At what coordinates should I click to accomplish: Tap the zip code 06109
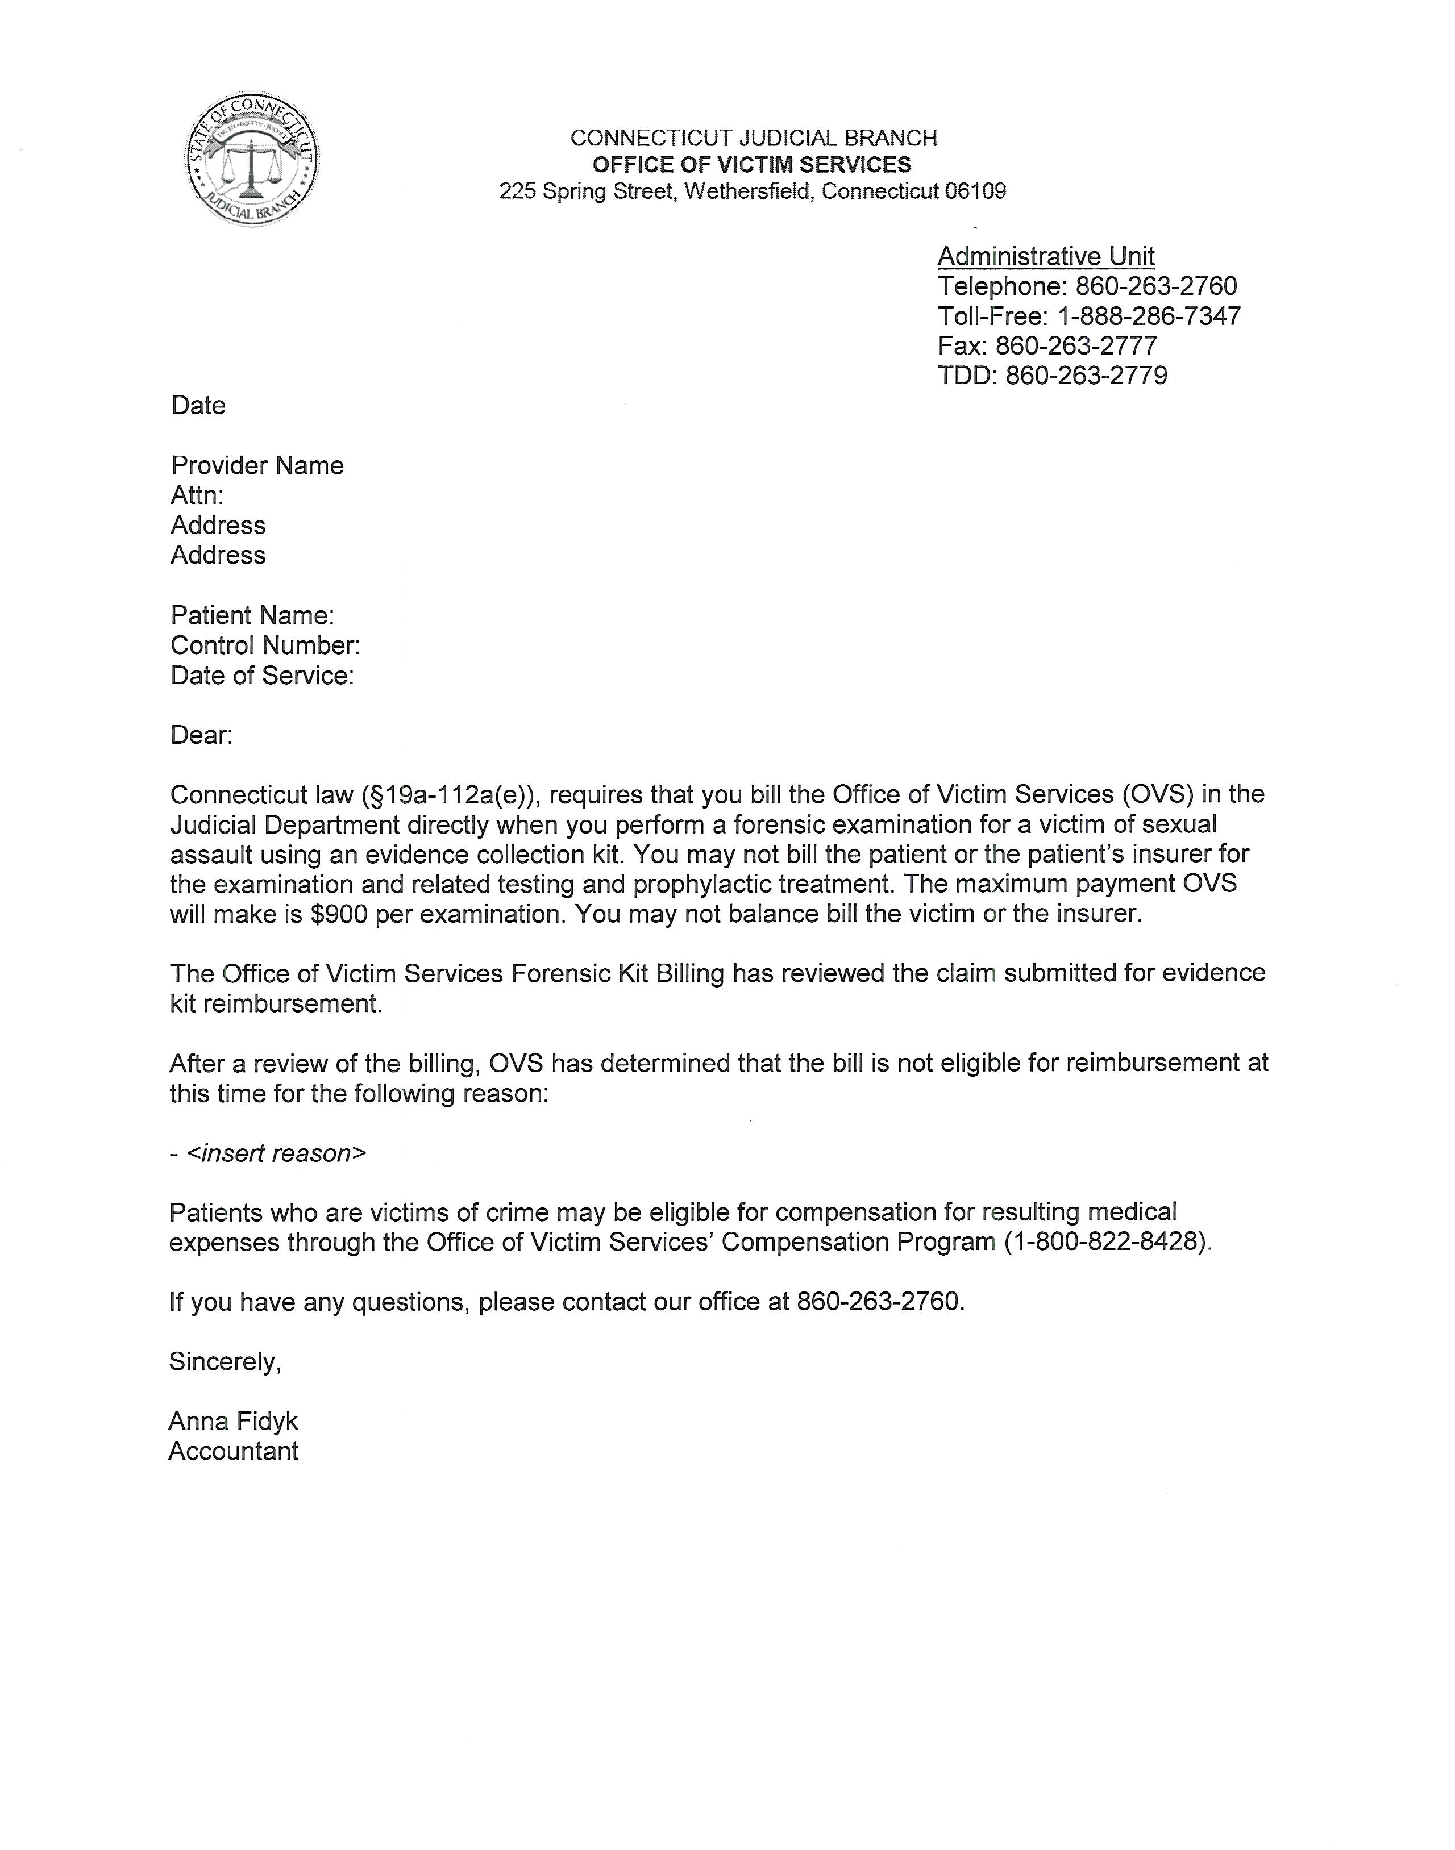pos(975,191)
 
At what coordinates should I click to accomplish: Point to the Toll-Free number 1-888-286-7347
pos(1148,316)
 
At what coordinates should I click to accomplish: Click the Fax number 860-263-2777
pos(1076,346)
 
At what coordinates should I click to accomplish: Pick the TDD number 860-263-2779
pos(1086,376)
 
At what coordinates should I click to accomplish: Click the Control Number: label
pos(265,645)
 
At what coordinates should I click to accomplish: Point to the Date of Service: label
pos(261,676)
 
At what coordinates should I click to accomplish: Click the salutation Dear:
pos(201,735)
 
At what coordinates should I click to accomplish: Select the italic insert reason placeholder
pos(276,1153)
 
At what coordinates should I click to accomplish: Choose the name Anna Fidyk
pos(232,1422)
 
